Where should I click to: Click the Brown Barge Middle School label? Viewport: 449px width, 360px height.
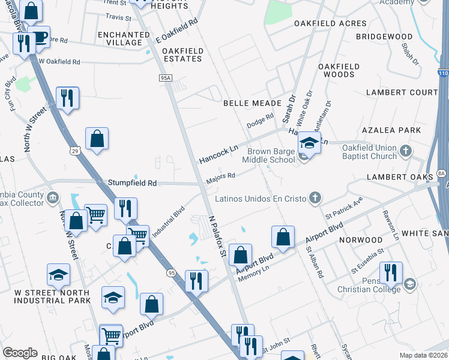click(x=268, y=156)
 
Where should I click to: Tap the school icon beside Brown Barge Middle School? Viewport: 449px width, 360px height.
click(x=309, y=143)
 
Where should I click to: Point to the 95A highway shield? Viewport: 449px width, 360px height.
click(x=166, y=77)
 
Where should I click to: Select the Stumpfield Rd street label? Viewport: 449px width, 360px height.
click(x=132, y=182)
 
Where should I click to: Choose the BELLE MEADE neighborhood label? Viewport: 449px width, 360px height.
click(x=252, y=103)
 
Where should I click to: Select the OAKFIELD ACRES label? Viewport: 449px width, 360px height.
click(x=330, y=23)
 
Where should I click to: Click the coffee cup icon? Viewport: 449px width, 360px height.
click(x=40, y=37)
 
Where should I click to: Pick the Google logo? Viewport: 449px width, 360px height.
click(x=20, y=353)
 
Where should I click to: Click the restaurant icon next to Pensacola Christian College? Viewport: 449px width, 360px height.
click(x=391, y=272)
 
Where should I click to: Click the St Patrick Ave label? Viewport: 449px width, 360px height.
click(x=344, y=207)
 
